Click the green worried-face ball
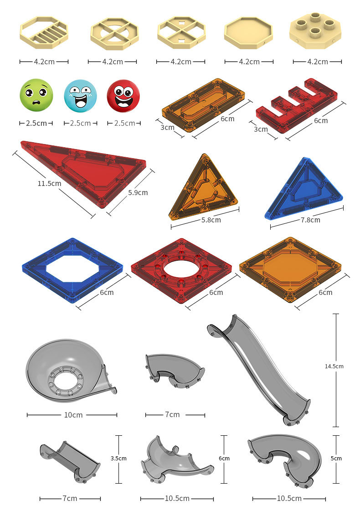click(x=36, y=95)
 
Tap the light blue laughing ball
click(x=80, y=96)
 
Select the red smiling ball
click(x=123, y=96)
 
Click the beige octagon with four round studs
click(x=316, y=31)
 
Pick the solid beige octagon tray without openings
click(x=248, y=33)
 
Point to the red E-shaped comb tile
click(x=297, y=105)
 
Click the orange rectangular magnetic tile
click(x=203, y=104)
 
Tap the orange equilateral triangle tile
click(x=203, y=188)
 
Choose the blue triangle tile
click(x=303, y=189)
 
